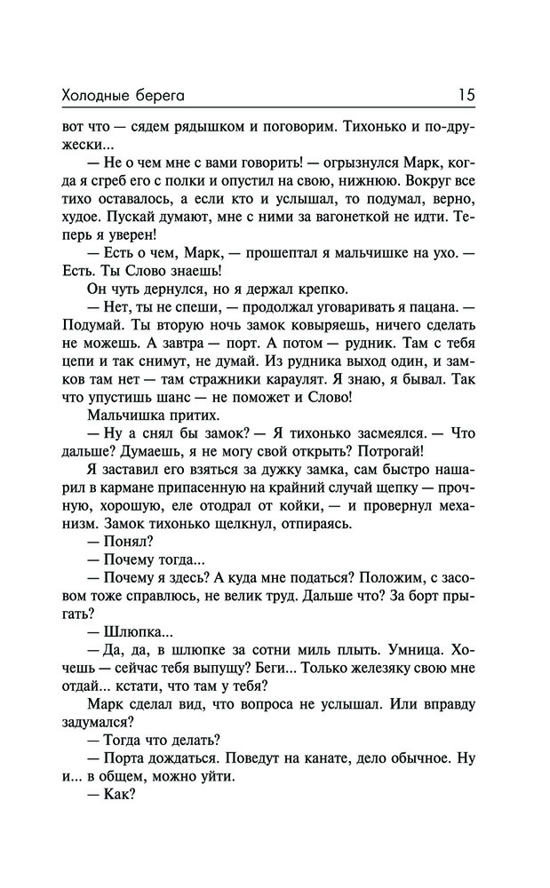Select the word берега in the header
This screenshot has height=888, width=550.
168,92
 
